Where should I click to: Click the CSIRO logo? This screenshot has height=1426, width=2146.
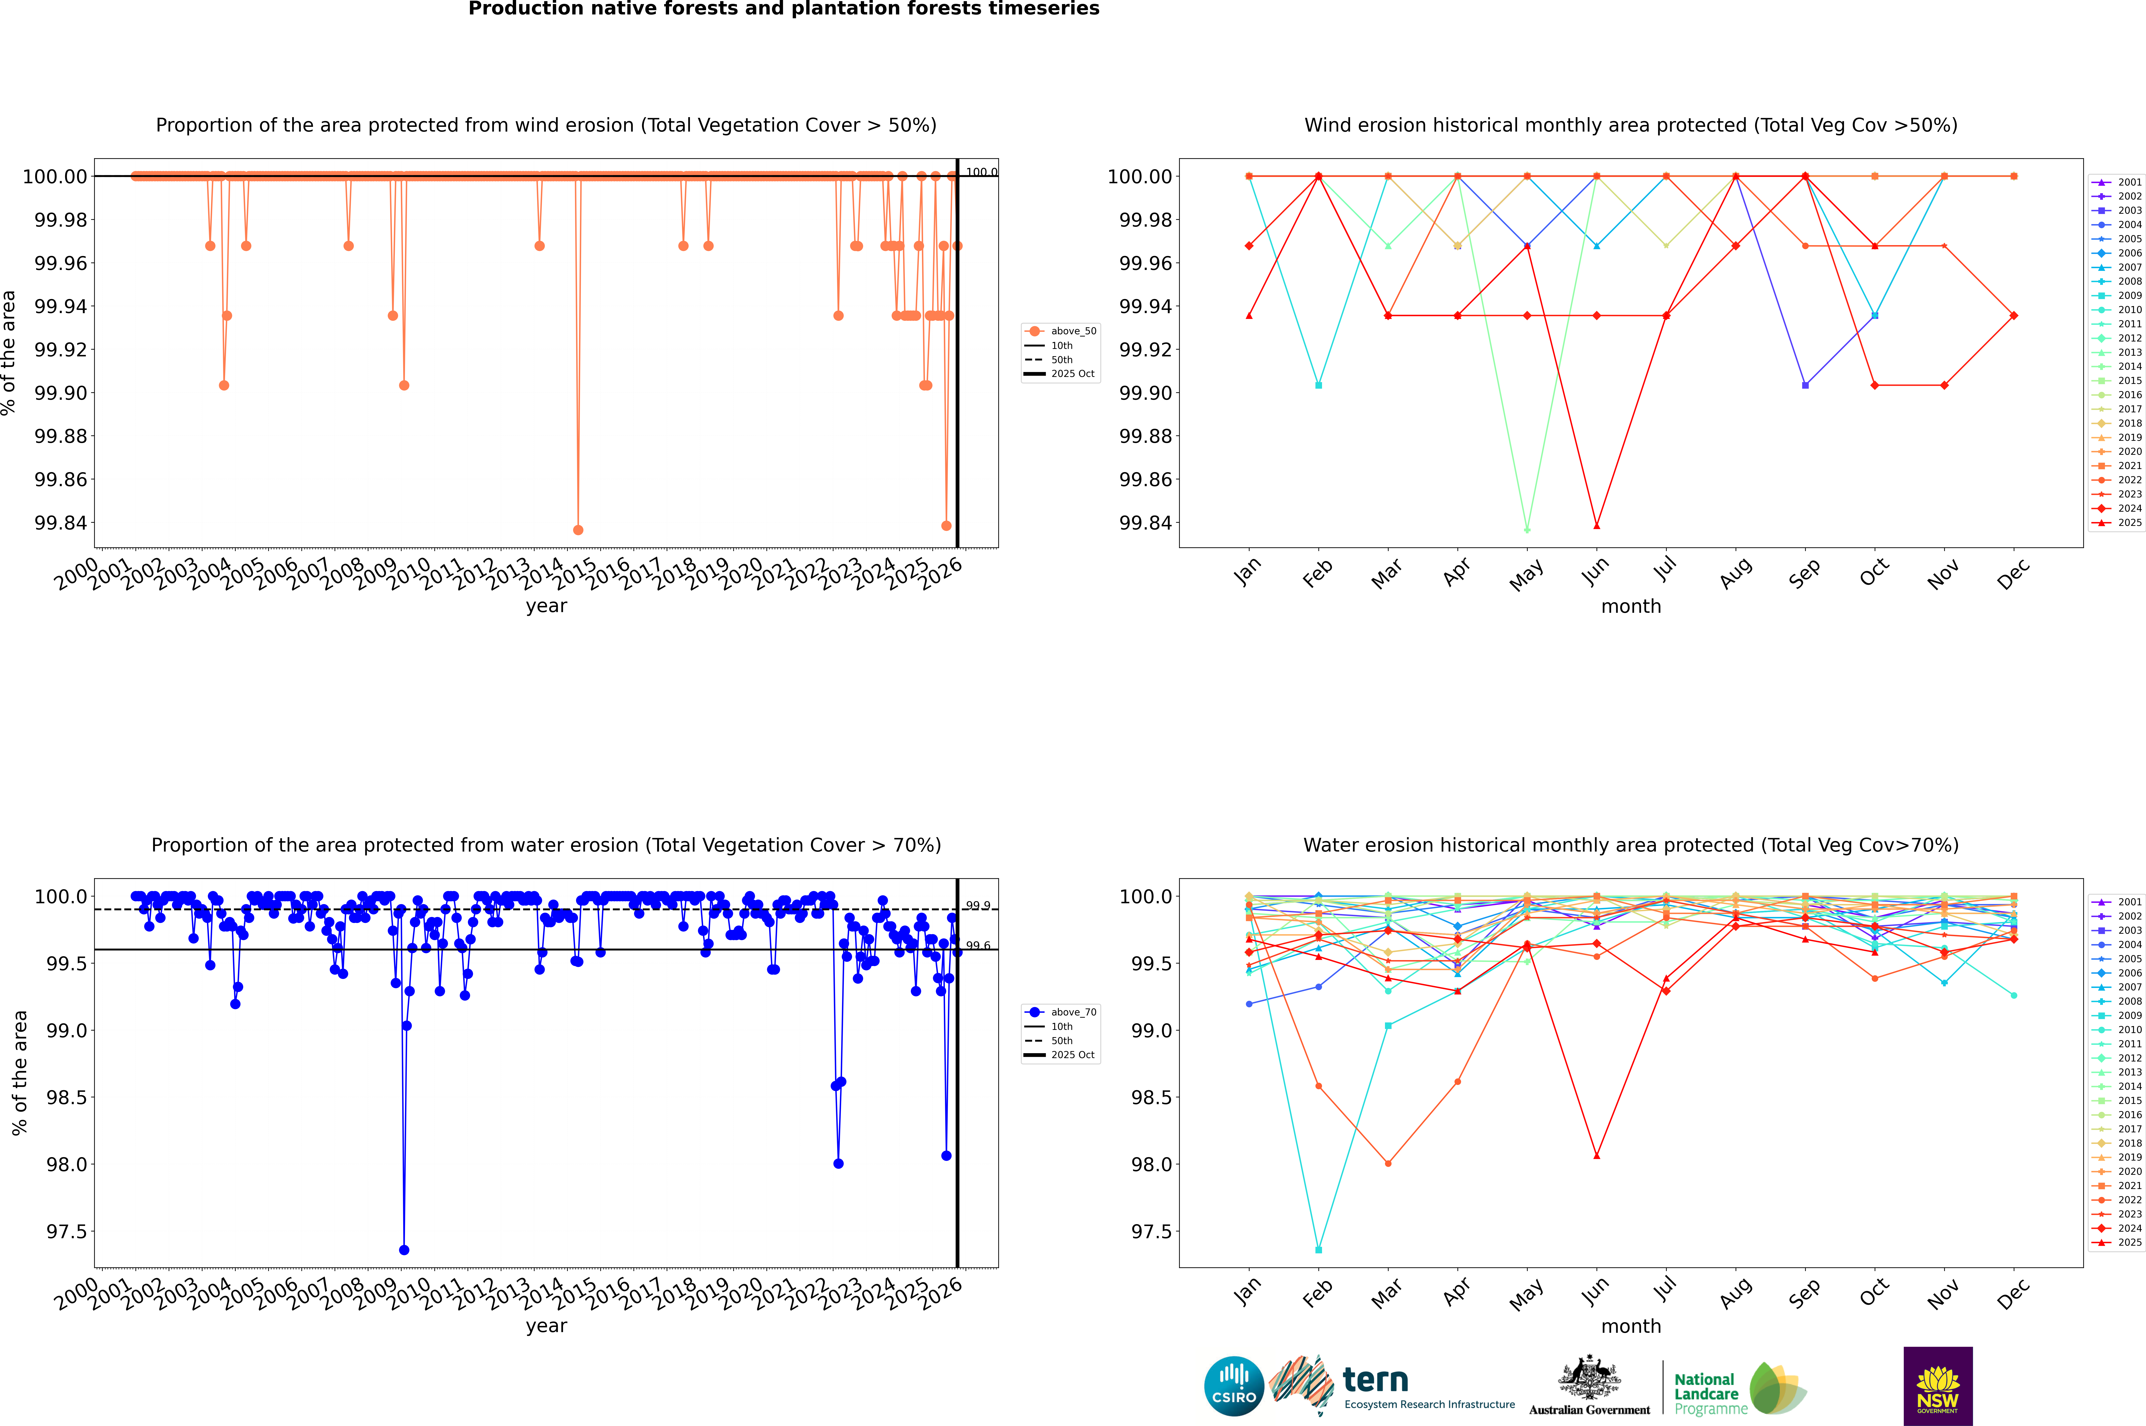pyautogui.click(x=1234, y=1386)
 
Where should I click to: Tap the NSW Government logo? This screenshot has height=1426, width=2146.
pyautogui.click(x=1938, y=1386)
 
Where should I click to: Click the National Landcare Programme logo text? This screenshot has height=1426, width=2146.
pyautogui.click(x=1707, y=1393)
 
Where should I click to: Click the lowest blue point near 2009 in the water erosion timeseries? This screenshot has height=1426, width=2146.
pyautogui.click(x=404, y=1249)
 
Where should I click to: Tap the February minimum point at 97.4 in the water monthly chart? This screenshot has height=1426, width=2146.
pyautogui.click(x=1318, y=1249)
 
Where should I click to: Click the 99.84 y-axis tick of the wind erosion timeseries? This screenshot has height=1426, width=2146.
pyautogui.click(x=61, y=523)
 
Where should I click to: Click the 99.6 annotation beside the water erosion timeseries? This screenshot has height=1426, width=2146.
pyautogui.click(x=978, y=946)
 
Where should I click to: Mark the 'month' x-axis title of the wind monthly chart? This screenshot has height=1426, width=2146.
pyautogui.click(x=1630, y=607)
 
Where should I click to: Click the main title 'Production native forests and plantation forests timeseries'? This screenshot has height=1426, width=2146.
pyautogui.click(x=783, y=9)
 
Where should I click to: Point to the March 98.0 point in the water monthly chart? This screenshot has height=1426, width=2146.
pyautogui.click(x=1387, y=1163)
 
